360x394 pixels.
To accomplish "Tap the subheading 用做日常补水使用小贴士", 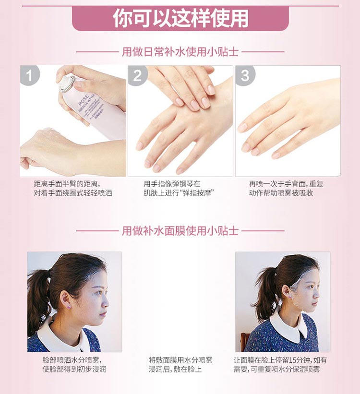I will point(180,51).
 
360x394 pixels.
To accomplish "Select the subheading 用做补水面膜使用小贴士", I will point(180,231).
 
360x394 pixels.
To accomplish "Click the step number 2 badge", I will point(138,76).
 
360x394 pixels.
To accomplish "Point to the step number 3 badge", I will point(245,76).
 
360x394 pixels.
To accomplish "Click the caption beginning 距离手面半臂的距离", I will point(72,188).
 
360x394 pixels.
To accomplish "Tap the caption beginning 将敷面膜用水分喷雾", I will point(180,364).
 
